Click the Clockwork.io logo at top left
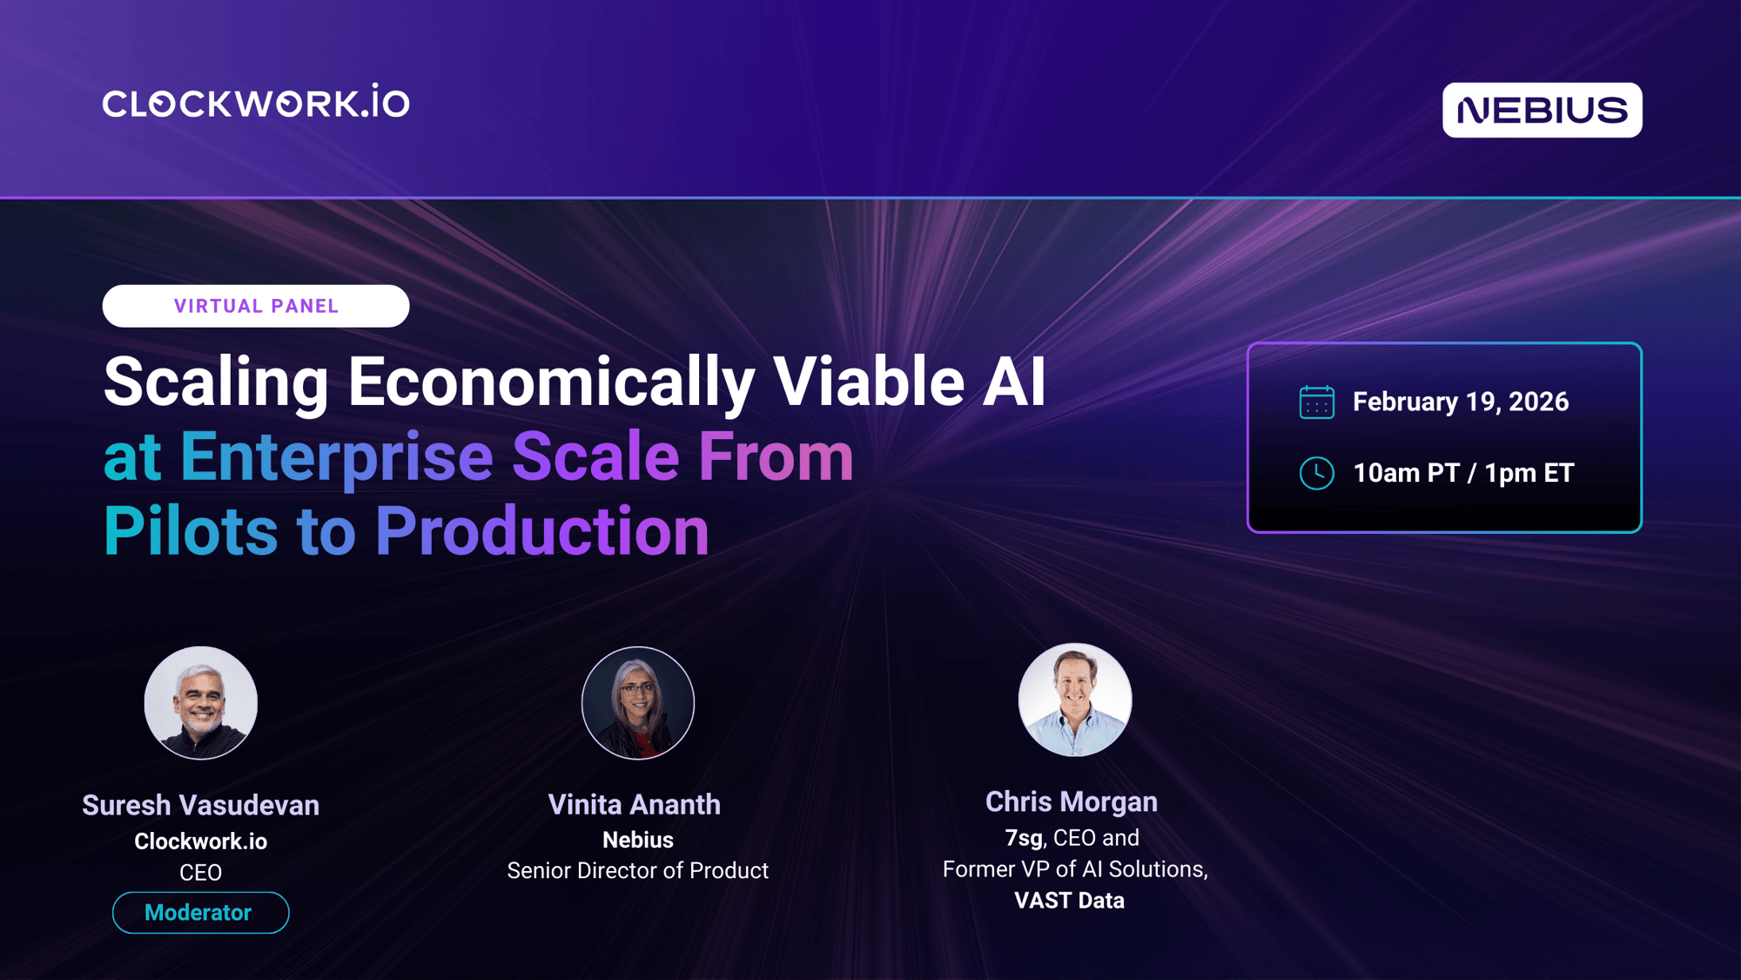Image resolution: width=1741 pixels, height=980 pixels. coord(256,102)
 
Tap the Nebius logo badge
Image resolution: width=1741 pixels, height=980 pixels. coord(1542,110)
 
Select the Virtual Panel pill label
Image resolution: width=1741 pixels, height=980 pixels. coord(256,306)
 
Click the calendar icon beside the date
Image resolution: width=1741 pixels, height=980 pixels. coord(1316,402)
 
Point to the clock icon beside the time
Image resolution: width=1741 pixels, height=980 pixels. coord(1316,473)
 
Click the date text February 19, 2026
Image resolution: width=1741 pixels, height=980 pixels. coord(1461,402)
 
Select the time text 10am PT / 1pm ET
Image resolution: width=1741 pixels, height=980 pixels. coord(1463,473)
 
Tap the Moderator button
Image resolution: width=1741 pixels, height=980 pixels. coord(200,912)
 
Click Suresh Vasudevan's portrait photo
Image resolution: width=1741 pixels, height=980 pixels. coord(200,702)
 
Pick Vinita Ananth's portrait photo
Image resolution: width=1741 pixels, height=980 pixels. coord(638,702)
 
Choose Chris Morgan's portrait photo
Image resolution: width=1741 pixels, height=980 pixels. coord(1075,700)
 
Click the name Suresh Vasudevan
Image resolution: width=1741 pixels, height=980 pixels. coord(200,805)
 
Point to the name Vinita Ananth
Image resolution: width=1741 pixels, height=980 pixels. coord(635,804)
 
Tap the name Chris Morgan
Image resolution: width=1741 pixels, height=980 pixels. coord(1072,801)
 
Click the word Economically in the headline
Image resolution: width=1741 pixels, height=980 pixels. coord(551,383)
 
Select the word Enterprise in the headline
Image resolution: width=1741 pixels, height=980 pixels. coord(337,456)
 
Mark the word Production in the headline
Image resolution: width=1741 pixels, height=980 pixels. coord(542,531)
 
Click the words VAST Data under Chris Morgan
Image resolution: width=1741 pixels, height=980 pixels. coord(1069,901)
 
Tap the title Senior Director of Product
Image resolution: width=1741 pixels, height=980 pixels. coord(638,870)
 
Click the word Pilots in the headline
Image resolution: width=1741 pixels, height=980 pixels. coord(191,531)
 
